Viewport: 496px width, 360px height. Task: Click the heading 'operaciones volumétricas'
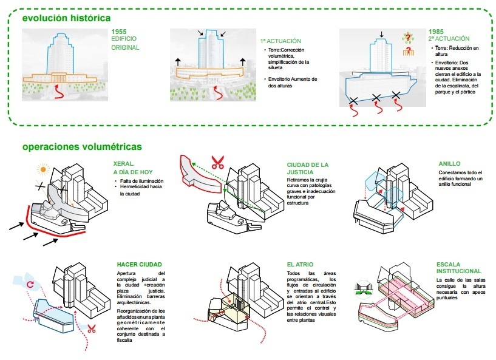(82, 146)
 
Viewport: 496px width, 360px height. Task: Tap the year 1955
(120, 32)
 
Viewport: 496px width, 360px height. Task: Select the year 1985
(436, 32)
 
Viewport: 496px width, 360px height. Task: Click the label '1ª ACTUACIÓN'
(276, 42)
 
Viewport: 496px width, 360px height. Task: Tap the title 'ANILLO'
(450, 164)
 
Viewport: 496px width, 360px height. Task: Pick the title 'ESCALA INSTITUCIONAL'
(458, 268)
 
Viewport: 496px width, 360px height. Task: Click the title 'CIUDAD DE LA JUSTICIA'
(308, 168)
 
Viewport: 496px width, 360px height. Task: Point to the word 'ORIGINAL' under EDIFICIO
(126, 47)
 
